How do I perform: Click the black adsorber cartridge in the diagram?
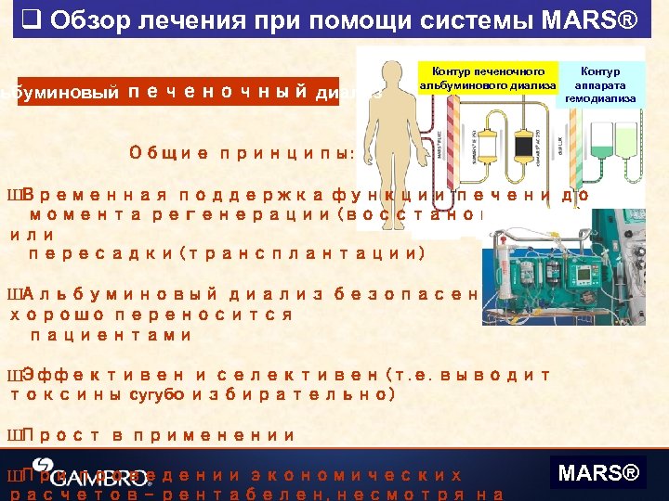click(x=522, y=144)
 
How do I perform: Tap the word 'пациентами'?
click(x=111, y=335)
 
